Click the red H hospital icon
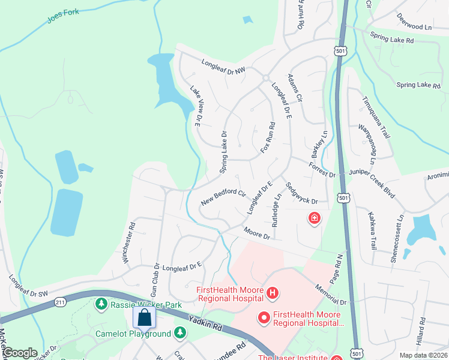[x=273, y=293]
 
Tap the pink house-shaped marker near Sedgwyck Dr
[x=313, y=218]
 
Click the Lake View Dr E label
[x=195, y=106]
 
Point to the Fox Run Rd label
[x=268, y=138]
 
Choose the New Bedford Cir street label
[x=223, y=197]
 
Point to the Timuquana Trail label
[x=376, y=116]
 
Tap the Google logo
[x=20, y=353]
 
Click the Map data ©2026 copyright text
[x=423, y=355]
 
